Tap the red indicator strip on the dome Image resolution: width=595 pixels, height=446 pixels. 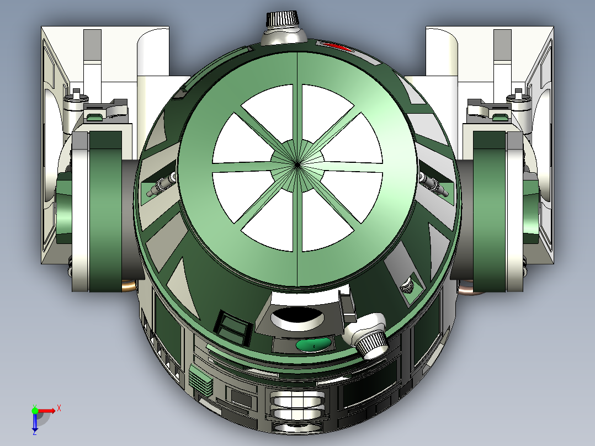coord(337,47)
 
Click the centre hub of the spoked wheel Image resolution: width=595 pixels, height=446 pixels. coord(297,163)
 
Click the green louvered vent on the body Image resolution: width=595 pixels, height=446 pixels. coord(200,380)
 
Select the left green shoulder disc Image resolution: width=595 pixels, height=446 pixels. coord(105,210)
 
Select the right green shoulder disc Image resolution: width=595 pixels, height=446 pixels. coord(491,210)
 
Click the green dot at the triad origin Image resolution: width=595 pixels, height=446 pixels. coord(35,410)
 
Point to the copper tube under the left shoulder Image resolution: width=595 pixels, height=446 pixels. coord(128,285)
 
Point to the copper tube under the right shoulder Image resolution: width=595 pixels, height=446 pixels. coord(467,287)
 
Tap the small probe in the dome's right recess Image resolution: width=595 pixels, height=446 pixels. coord(434,185)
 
